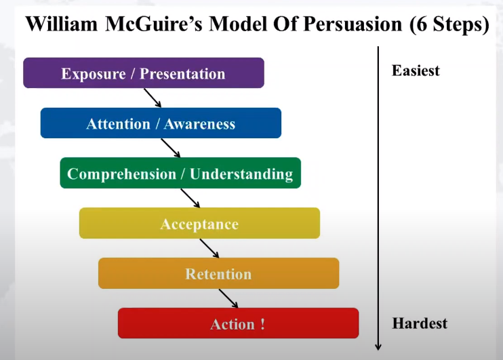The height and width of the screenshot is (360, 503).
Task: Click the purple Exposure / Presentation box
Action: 144,73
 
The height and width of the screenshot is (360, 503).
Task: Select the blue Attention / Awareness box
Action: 161,123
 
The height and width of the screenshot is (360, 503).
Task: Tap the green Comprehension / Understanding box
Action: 180,173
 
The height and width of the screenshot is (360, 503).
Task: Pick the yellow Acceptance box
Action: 199,223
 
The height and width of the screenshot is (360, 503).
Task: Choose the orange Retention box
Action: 219,273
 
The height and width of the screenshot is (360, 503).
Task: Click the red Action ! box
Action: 239,323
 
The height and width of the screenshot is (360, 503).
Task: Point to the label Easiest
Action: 416,71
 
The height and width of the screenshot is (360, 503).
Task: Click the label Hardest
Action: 420,323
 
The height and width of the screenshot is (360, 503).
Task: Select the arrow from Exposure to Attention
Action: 153,98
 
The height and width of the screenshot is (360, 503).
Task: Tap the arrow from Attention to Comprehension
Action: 170,148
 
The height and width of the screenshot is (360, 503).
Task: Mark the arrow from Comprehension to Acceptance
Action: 190,198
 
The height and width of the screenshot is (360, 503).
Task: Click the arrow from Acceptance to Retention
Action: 209,248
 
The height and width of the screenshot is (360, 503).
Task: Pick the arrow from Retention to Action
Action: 228,298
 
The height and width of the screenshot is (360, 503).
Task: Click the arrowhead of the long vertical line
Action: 378,347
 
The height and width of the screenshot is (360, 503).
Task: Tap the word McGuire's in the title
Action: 154,24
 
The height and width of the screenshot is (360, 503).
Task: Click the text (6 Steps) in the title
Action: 449,24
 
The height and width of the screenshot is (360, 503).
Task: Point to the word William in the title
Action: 62,24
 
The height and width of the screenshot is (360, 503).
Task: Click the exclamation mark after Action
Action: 263,324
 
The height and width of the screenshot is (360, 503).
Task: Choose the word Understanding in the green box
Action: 241,174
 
